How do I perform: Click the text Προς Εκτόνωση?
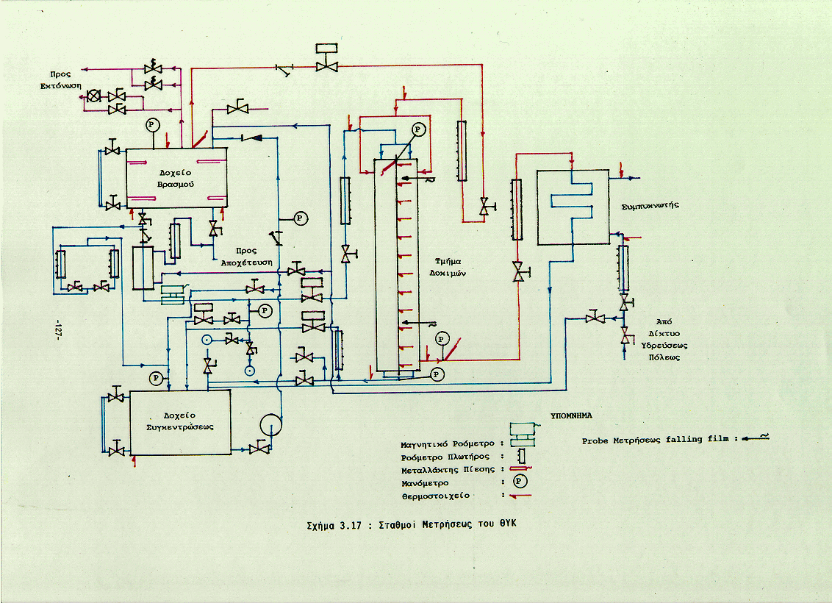[60, 80]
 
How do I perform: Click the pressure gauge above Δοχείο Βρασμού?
[152, 124]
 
